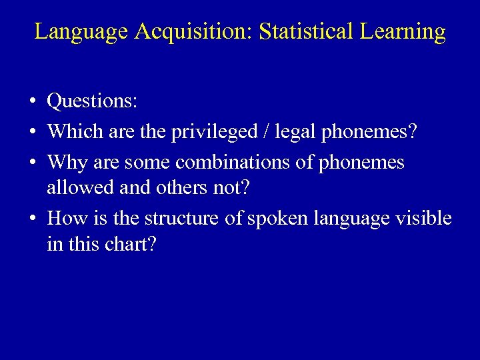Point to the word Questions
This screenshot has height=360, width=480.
click(x=92, y=102)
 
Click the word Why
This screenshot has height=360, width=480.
click(x=65, y=162)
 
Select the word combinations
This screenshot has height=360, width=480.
click(x=245, y=161)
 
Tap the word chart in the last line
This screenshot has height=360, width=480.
click(x=130, y=245)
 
